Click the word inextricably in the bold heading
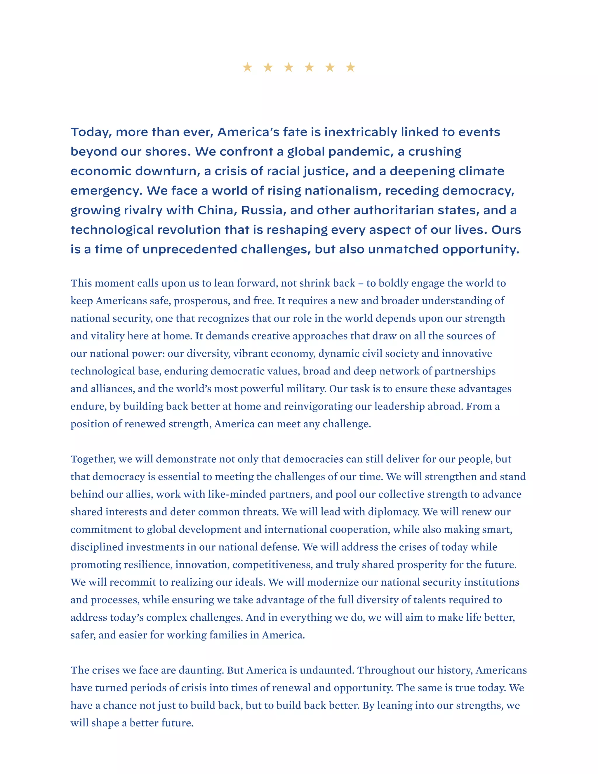click(361, 132)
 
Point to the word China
click(217, 210)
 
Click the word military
click(306, 389)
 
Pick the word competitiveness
click(272, 565)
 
